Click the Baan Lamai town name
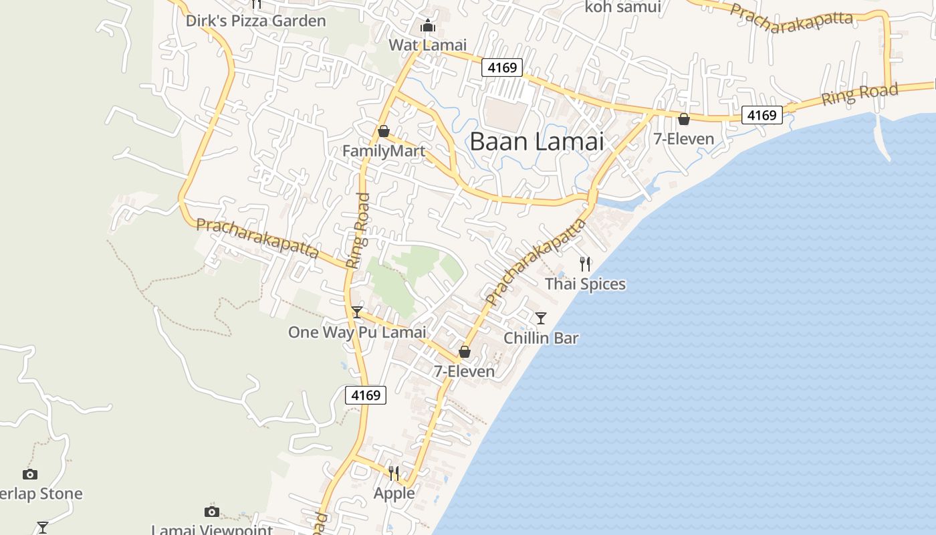(537, 142)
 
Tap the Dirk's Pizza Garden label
(255, 21)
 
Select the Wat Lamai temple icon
(427, 26)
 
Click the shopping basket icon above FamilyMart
(384, 131)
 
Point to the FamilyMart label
(384, 151)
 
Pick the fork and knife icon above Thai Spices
(585, 263)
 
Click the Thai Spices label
(585, 284)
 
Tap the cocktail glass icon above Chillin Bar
(541, 318)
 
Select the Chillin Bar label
(541, 338)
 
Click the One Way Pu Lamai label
(357, 332)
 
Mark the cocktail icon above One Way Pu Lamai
(357, 312)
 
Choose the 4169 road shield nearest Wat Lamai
(501, 68)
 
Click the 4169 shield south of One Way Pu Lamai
(366, 395)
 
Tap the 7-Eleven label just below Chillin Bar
(464, 372)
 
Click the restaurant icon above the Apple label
(394, 473)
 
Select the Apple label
(394, 494)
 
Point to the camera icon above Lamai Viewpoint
(212, 512)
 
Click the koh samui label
(622, 7)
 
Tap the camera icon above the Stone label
(30, 474)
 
